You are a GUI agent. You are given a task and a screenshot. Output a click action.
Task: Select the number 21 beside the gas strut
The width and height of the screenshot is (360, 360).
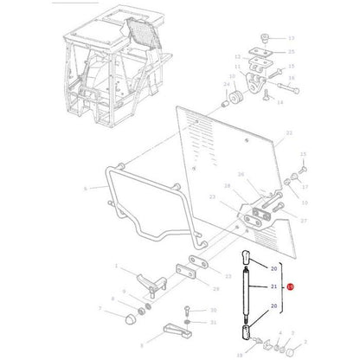click(273, 286)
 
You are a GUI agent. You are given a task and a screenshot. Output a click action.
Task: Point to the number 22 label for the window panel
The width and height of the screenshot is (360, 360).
click(289, 132)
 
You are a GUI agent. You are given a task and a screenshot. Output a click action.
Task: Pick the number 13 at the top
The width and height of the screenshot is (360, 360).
click(291, 39)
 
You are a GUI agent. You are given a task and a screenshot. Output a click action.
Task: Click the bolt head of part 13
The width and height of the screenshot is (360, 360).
click(266, 39)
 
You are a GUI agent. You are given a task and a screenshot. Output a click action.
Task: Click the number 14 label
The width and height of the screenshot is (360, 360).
click(280, 102)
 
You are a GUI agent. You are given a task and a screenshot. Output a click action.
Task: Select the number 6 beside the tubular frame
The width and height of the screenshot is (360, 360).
click(84, 188)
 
